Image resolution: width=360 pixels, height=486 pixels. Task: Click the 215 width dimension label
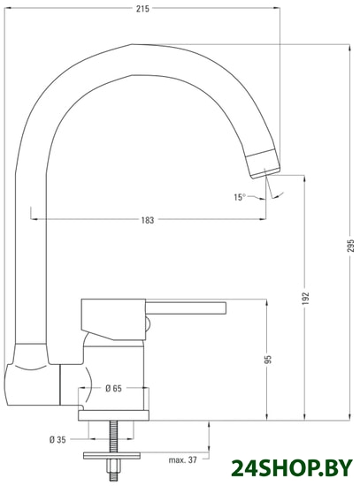142,9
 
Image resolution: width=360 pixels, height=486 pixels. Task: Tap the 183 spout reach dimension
148,220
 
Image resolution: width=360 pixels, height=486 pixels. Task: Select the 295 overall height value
350,245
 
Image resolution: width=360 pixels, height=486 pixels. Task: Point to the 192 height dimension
306,298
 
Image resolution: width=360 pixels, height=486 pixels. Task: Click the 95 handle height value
268,360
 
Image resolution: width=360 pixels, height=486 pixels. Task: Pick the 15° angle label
240,197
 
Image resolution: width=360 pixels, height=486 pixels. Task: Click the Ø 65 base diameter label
113,389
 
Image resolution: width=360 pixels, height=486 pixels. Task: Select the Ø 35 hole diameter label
57,439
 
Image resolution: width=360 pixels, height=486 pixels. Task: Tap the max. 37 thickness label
182,460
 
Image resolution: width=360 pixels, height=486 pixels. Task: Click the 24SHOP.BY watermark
292,468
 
